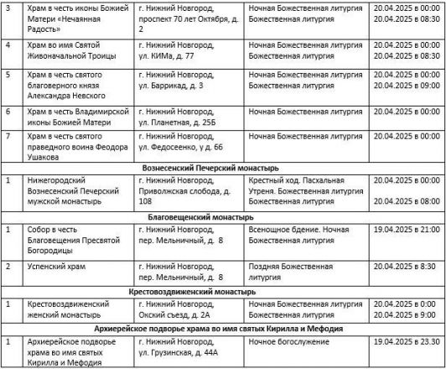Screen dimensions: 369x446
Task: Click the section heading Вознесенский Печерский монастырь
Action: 223,168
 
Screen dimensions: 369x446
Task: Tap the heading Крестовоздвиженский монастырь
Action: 223,291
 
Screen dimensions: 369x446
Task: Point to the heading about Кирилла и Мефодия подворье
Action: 223,330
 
